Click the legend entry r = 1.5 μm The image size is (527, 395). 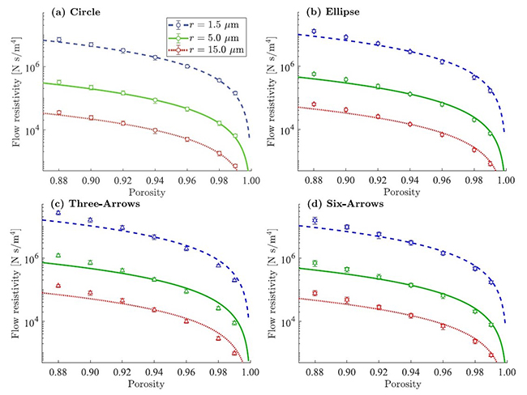(206, 27)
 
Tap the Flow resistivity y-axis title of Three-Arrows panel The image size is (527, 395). (14, 280)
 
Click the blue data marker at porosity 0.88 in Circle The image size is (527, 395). (58, 40)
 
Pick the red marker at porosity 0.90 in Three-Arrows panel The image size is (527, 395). (90, 293)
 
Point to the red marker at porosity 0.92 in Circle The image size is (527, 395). (122, 123)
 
